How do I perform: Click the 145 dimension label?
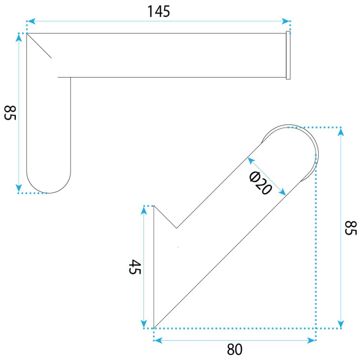click(x=159, y=12)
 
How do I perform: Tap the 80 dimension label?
click(x=235, y=350)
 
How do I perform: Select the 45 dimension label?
click(x=134, y=267)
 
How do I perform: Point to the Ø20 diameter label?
click(x=261, y=183)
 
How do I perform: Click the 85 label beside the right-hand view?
click(x=351, y=228)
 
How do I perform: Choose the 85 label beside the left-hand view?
click(x=10, y=113)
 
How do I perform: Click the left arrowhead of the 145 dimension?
click(x=31, y=21)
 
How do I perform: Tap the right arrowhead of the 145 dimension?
click(x=286, y=21)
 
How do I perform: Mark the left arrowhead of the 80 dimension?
click(x=158, y=340)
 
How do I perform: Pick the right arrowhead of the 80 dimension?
click(x=311, y=340)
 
